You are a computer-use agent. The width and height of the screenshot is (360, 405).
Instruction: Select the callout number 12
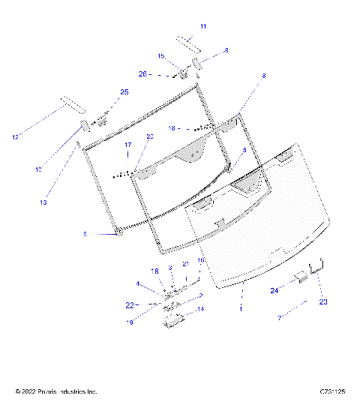click(16, 136)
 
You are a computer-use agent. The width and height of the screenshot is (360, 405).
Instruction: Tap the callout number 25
click(124, 91)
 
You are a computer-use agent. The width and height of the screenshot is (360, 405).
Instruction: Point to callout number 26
click(143, 73)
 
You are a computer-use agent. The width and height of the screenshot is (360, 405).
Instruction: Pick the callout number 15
click(160, 56)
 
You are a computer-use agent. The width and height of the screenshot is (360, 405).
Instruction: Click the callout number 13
click(43, 202)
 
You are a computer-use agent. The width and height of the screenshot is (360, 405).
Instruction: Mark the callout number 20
click(149, 136)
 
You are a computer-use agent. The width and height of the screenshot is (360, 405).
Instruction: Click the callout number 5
click(244, 150)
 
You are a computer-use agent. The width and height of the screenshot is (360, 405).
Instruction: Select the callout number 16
click(201, 259)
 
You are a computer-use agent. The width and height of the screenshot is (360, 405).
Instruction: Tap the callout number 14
click(199, 309)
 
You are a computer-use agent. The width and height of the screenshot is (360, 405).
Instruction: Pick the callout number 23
click(323, 301)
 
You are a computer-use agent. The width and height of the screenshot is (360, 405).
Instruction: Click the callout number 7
click(280, 318)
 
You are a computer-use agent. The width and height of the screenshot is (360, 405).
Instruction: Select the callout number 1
click(240, 307)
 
